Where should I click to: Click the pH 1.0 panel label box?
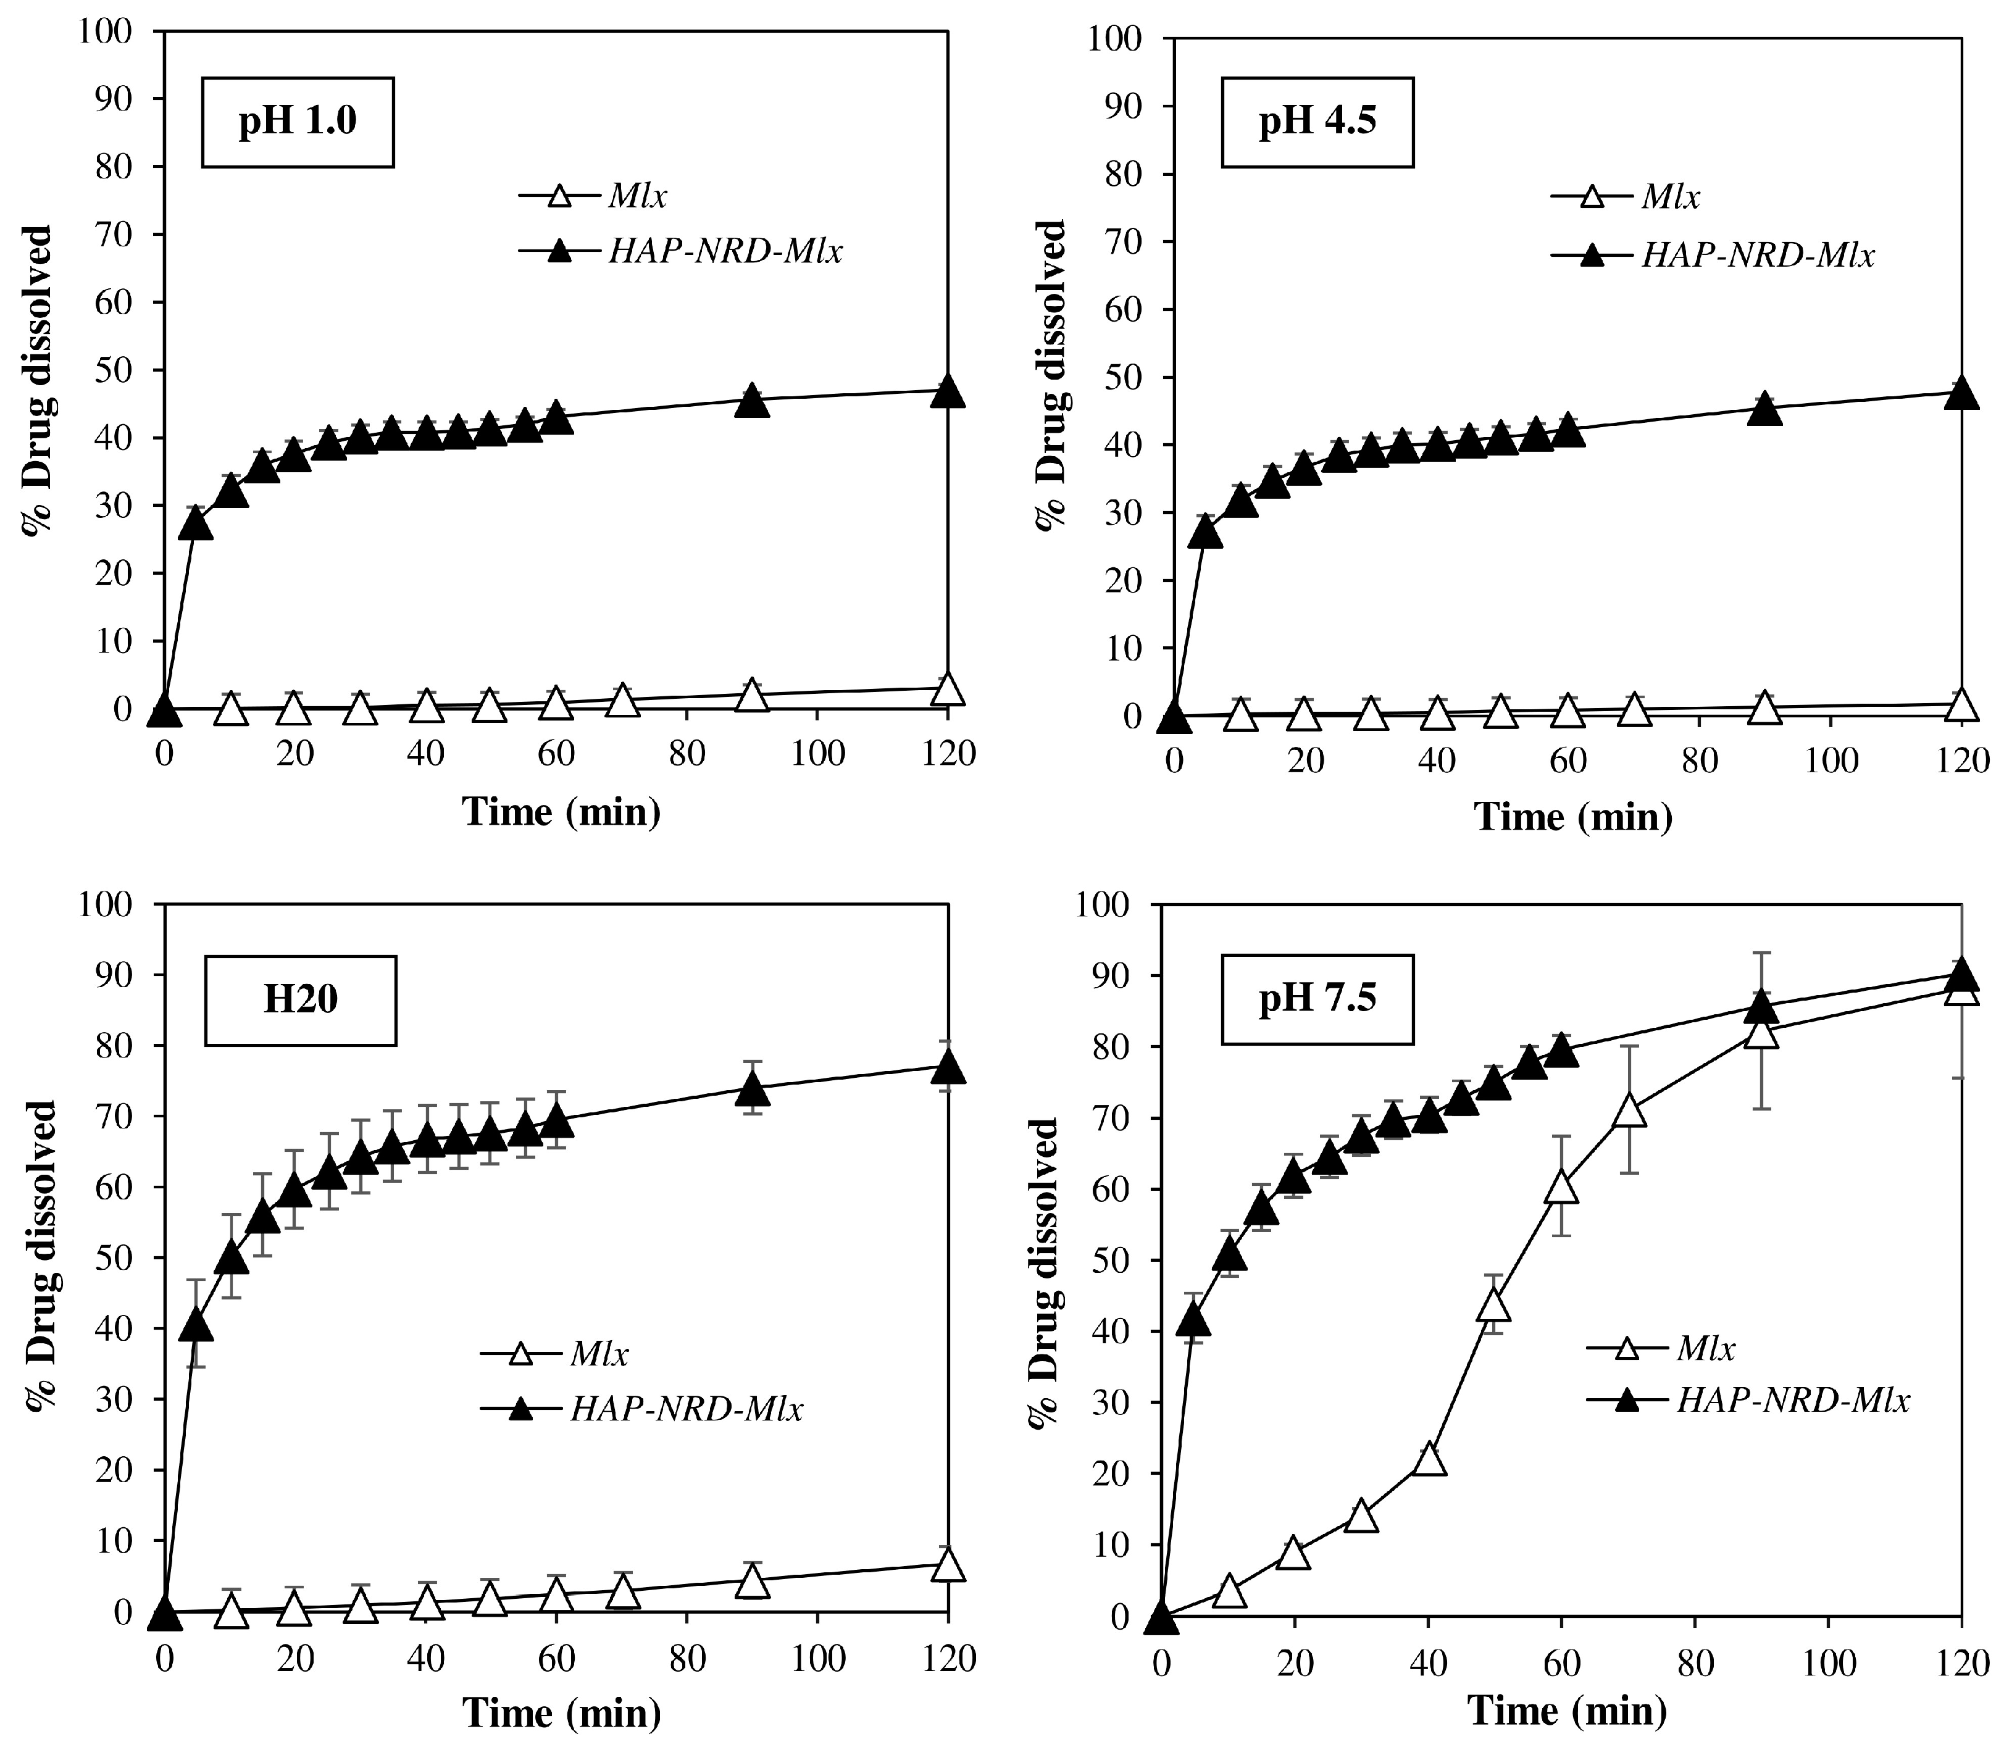(298, 122)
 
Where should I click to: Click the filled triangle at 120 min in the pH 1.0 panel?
(947, 392)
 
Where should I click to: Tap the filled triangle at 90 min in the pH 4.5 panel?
(1764, 409)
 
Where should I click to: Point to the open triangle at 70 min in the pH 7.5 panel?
(1628, 1112)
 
